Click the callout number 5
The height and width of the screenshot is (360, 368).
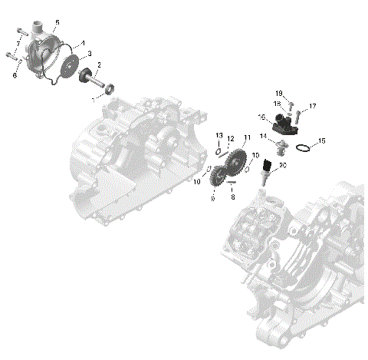(58, 22)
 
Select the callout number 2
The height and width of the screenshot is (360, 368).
(98, 65)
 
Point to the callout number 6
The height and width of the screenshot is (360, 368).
(14, 75)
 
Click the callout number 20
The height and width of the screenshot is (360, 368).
(283, 166)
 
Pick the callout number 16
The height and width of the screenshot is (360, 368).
(261, 117)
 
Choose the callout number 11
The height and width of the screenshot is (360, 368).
(246, 137)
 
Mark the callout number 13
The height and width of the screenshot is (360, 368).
(219, 134)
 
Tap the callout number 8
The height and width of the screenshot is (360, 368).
(232, 197)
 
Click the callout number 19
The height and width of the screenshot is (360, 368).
(279, 93)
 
